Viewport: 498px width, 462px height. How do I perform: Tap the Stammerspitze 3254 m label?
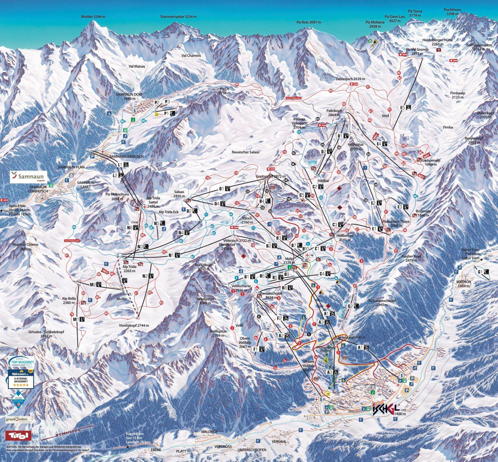pos(178,17)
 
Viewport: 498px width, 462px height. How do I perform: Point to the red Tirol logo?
pos(18,435)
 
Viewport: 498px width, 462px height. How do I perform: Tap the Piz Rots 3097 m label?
pos(309,22)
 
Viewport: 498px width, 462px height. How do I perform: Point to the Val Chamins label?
pos(191,56)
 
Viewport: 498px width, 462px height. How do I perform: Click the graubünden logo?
pos(17,419)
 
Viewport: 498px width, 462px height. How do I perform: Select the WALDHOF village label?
pos(209,432)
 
